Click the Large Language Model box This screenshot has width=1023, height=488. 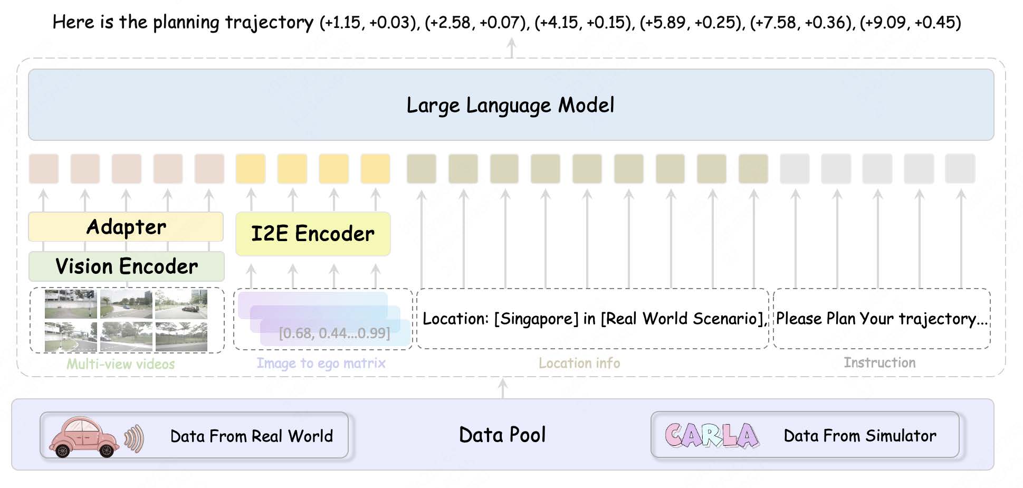click(x=511, y=104)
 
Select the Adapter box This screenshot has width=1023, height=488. click(x=126, y=227)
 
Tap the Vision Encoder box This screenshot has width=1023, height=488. click(x=127, y=266)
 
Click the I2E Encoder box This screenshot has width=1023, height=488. click(x=313, y=234)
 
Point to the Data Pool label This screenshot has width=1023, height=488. click(x=502, y=435)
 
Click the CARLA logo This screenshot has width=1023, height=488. click(x=712, y=435)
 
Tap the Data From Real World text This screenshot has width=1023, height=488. click(x=252, y=436)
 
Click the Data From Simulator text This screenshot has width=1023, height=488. click(x=860, y=435)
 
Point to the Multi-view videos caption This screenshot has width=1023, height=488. click(x=121, y=363)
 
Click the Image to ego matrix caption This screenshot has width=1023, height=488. click(x=321, y=363)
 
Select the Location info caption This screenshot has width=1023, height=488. click(x=579, y=363)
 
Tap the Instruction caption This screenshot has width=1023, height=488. click(x=879, y=362)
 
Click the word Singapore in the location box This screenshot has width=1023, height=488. click(x=537, y=319)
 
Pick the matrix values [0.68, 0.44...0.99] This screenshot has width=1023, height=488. click(x=334, y=333)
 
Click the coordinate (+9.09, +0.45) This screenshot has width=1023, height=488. click(x=910, y=22)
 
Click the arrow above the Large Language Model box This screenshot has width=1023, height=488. click(x=511, y=48)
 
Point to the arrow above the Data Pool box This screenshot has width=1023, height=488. click(x=503, y=388)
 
